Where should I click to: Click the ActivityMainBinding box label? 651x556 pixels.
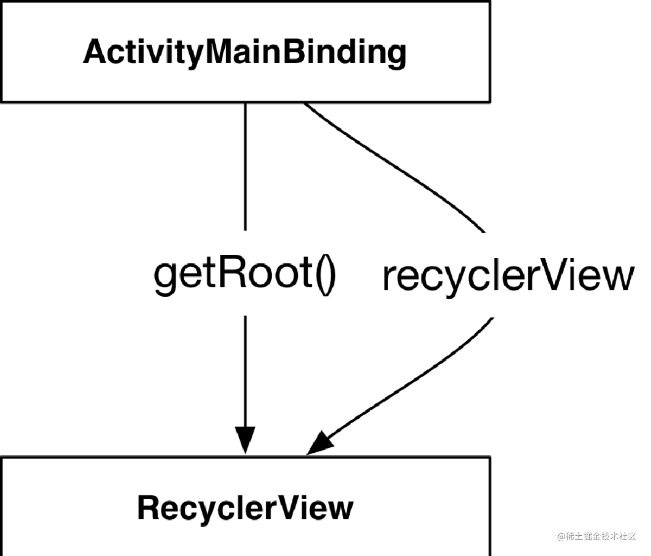244,52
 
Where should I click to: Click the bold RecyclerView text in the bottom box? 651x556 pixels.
245,508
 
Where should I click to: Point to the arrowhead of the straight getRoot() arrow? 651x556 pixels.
245,439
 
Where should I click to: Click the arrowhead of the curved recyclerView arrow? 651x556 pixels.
320,443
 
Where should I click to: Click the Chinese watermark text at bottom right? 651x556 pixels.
601,536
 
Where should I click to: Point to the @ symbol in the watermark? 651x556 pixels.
561,536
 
